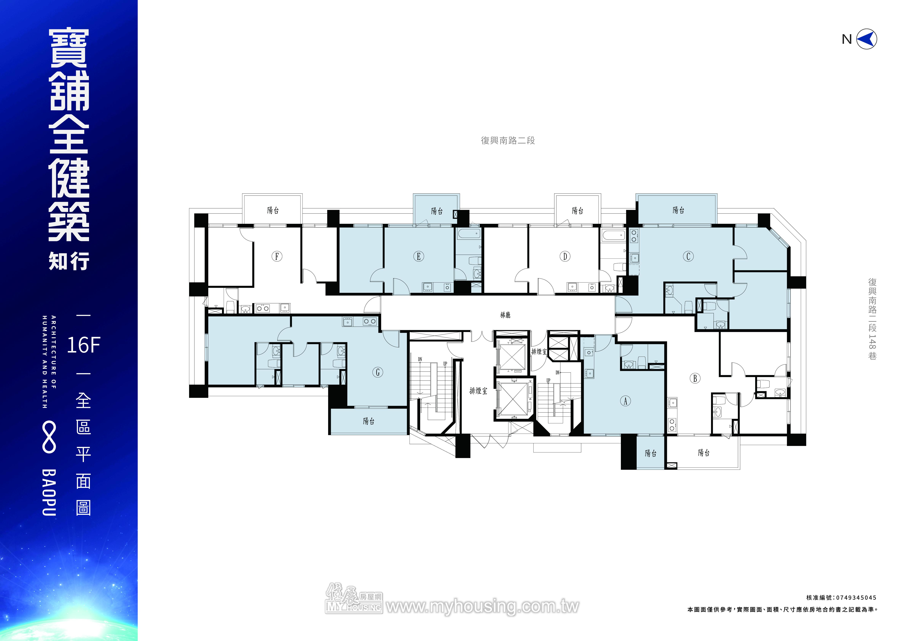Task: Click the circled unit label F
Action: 277,256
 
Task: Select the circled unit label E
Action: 419,256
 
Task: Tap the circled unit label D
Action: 565,256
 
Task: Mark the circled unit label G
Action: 378,372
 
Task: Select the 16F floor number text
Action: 84,345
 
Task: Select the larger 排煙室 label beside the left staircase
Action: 478,391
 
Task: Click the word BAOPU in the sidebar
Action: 49,493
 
